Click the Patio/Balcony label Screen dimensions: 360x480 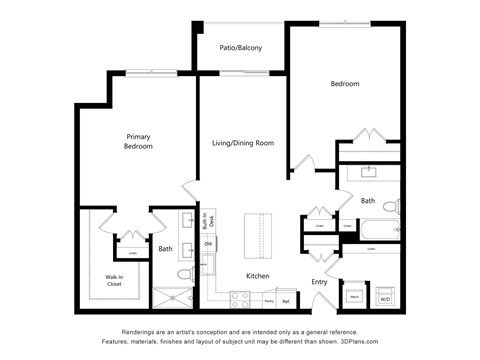241,47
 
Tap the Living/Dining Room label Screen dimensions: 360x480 243,143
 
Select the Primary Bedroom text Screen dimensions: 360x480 139,141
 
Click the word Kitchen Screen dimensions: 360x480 259,275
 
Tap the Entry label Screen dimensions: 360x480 319,281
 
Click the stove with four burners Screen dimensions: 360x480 241,298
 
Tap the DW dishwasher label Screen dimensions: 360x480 208,244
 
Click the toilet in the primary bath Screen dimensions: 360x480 184,273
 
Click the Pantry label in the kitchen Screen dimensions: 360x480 269,300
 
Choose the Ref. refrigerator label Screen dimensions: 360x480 287,300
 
